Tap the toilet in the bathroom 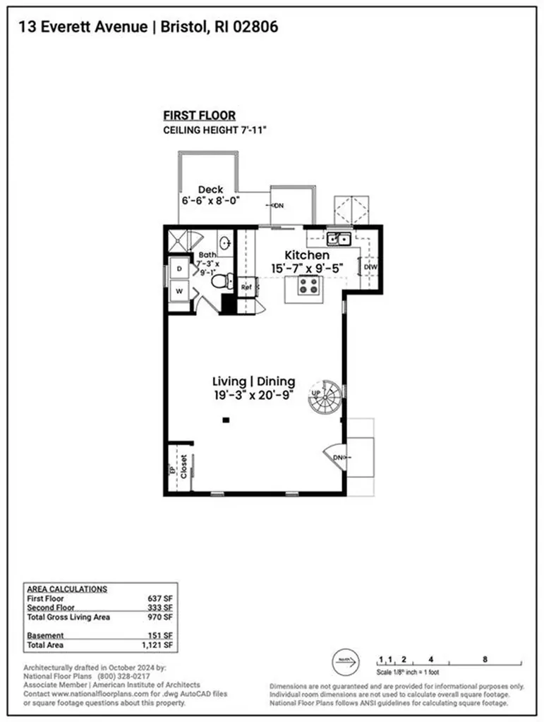[x=221, y=281]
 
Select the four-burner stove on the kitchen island [x=308, y=285]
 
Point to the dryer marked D [x=179, y=269]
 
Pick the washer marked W [x=179, y=289]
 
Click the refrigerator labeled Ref [x=246, y=287]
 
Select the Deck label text [x=210, y=189]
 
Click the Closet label [x=183, y=466]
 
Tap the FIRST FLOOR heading [x=199, y=116]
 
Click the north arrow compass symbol [x=344, y=663]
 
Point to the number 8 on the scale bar [x=485, y=660]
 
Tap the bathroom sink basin [x=225, y=243]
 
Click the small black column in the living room [x=226, y=420]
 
